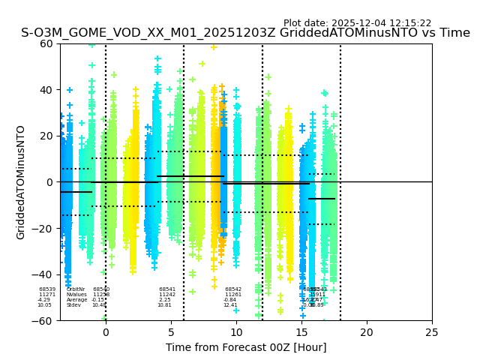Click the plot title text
point(245,33)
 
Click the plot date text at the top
point(357,23)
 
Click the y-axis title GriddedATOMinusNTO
point(21,182)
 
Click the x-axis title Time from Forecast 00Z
point(246,347)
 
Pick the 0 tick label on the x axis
point(106,332)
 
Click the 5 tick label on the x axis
point(171,332)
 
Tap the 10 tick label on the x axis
point(236,332)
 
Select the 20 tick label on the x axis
point(367,332)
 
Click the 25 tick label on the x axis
point(432,332)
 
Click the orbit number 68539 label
point(47,289)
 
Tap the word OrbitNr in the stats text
point(76,289)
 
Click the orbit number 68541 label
point(167,289)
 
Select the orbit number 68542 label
point(233,289)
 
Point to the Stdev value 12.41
point(229,305)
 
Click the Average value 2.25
point(164,300)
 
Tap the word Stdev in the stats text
point(73,305)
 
